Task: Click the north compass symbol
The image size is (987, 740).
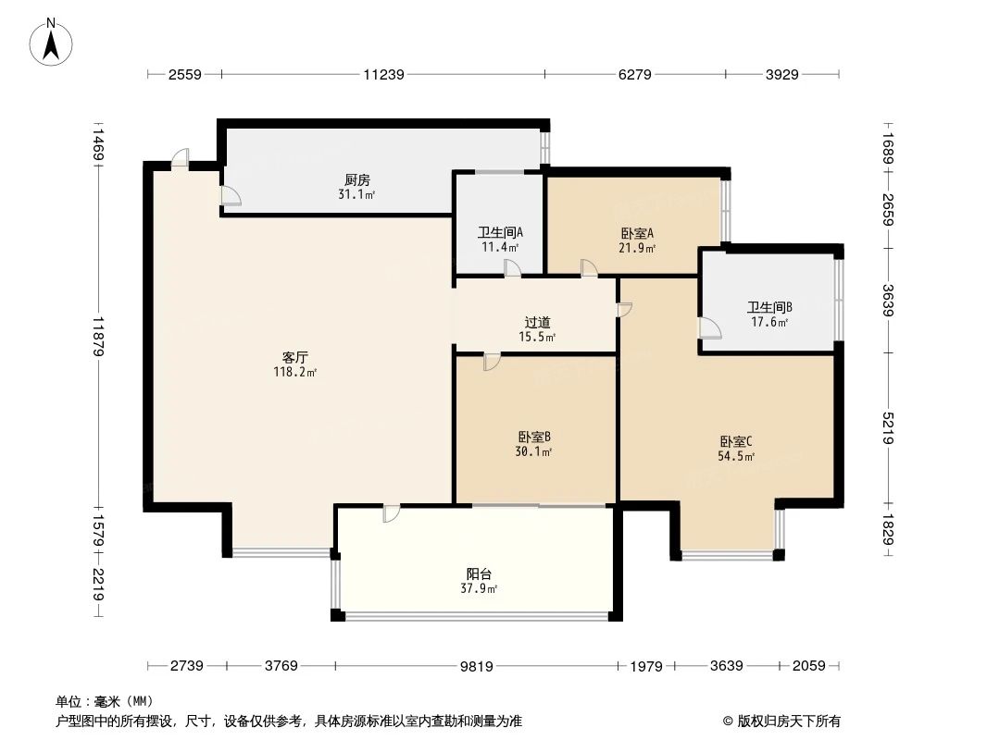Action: [52, 41]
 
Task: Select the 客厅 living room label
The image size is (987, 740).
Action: [294, 357]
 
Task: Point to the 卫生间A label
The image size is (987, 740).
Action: [500, 233]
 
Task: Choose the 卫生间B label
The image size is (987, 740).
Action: [769, 308]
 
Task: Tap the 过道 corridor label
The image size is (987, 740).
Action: [537, 323]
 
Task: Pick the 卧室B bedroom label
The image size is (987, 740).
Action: [534, 437]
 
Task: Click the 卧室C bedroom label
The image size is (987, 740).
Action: [735, 441]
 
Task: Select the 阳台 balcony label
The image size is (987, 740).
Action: [479, 573]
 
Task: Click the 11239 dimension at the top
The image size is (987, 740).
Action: [383, 75]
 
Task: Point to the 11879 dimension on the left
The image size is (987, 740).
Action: [98, 339]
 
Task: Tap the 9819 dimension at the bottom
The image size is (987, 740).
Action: [478, 666]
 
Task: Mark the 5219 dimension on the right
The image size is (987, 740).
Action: [889, 428]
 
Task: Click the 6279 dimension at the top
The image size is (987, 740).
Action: [635, 75]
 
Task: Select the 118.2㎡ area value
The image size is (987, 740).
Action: [294, 372]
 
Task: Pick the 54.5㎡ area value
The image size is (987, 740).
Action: [735, 456]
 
